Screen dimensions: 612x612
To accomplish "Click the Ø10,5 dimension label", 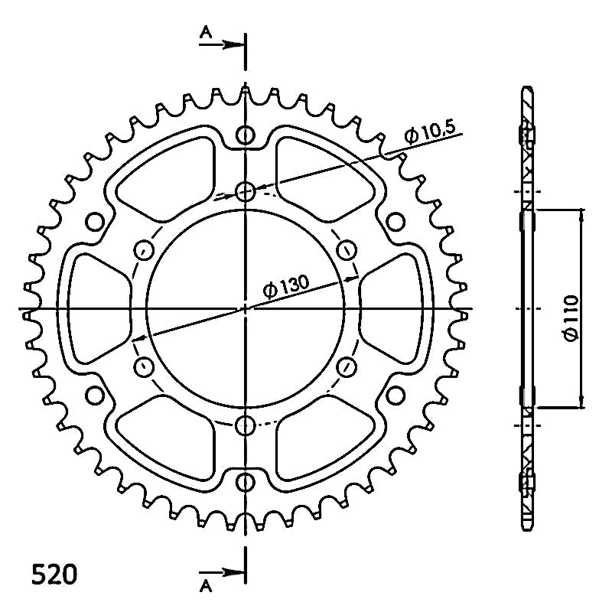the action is tap(430, 132).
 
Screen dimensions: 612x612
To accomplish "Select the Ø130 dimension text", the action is tap(286, 286).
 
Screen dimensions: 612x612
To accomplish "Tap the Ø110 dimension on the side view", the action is tap(571, 318).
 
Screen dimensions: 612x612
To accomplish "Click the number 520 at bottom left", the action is tap(54, 575).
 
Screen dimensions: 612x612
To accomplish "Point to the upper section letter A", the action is tap(206, 32).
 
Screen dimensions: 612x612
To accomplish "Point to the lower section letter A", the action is tap(206, 586).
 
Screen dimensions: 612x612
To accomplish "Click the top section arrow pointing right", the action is tap(222, 44).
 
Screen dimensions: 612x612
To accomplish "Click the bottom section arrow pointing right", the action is tap(222, 573).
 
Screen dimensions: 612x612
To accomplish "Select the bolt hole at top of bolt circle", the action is tap(245, 192).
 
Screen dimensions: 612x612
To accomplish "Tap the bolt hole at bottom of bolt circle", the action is tap(245, 425).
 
